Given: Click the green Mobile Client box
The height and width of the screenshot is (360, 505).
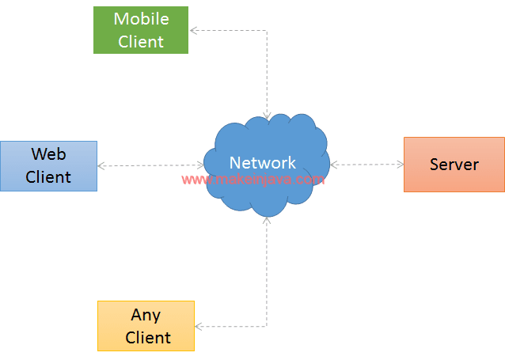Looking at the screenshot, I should tap(141, 30).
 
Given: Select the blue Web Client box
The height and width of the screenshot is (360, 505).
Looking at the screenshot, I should tap(48, 165).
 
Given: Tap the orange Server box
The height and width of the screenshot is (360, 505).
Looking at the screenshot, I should tap(454, 165).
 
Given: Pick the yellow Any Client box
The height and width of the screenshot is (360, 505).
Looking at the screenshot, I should tap(146, 325).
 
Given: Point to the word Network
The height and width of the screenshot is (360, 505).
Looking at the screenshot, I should tap(262, 163).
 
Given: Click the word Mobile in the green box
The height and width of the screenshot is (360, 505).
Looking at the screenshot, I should tap(141, 19).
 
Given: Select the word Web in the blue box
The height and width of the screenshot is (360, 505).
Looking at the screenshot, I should tap(48, 154).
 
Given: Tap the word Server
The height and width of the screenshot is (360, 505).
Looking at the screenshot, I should tap(454, 165).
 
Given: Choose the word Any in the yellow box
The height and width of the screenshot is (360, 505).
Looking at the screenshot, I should tap(146, 315).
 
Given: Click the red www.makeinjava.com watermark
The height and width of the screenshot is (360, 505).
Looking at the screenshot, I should tap(253, 180).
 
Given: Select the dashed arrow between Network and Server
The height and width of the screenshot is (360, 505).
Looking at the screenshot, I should tap(367, 165).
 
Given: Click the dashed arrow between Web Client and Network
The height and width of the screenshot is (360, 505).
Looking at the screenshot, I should tap(150, 165).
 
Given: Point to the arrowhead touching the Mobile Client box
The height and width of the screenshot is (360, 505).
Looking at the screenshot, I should tap(192, 31).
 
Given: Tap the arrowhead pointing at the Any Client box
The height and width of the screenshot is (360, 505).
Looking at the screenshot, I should tap(198, 326).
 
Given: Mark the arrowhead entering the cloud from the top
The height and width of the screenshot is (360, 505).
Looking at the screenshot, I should tap(267, 116).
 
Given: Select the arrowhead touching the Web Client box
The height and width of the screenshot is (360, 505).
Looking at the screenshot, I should tap(101, 165).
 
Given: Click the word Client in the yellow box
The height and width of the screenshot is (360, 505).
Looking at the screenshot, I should tap(148, 337).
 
